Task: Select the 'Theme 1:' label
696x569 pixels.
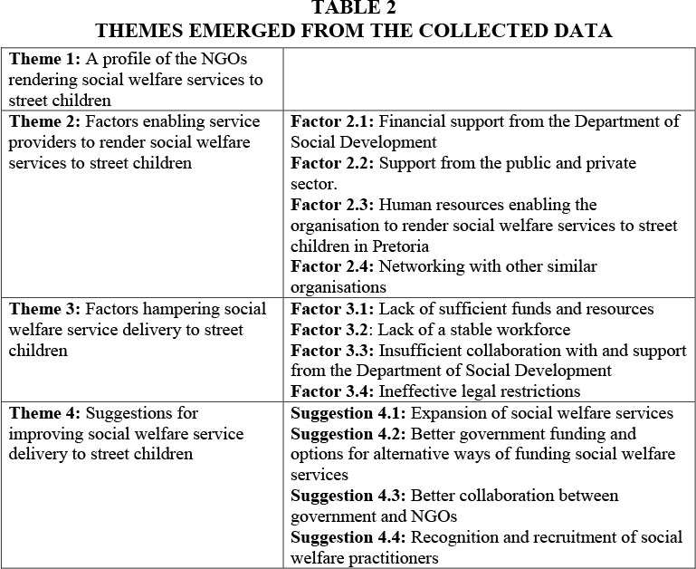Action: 43,59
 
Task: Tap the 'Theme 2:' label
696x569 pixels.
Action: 43,121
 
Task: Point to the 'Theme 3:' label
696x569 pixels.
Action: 43,309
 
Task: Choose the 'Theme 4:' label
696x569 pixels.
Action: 43,413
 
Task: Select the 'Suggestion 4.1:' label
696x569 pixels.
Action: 348,413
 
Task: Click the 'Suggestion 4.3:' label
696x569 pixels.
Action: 348,497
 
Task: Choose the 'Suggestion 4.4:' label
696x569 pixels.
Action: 348,538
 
